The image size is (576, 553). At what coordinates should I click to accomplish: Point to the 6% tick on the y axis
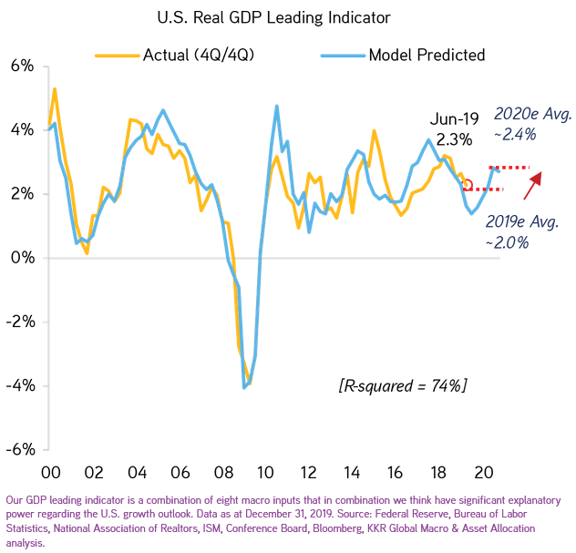click(22, 67)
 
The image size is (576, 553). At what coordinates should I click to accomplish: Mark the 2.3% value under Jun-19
click(454, 139)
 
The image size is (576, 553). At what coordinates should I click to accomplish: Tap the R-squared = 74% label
click(402, 386)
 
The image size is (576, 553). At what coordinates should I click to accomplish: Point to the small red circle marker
click(468, 185)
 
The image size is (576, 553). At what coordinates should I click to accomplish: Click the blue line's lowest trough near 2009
click(244, 388)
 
